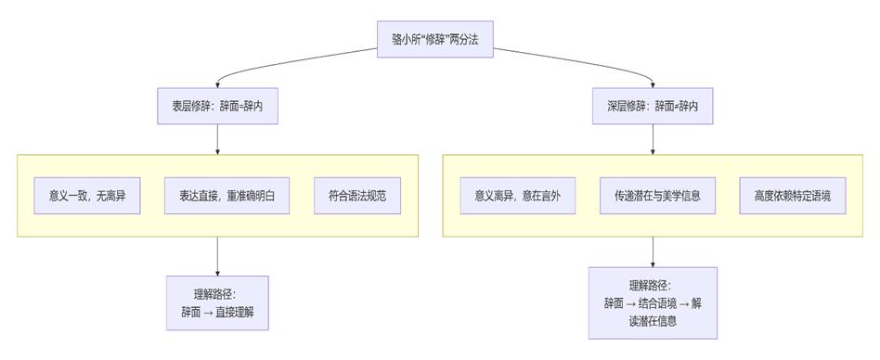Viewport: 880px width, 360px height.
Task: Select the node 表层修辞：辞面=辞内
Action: (x=217, y=107)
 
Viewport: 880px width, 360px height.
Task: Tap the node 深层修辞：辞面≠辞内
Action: (x=653, y=107)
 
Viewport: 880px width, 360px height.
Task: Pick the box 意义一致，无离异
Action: (x=87, y=196)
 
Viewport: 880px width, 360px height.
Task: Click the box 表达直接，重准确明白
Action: (x=227, y=196)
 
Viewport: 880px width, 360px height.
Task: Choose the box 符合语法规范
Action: (x=357, y=196)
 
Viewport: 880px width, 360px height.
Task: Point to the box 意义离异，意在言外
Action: (x=518, y=196)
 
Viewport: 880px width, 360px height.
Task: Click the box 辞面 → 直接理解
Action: (x=217, y=302)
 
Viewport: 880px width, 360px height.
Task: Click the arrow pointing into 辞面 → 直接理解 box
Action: (x=217, y=256)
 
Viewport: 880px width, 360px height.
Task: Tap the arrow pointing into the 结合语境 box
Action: (x=653, y=251)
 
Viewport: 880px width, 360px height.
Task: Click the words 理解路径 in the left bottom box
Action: (x=209, y=294)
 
